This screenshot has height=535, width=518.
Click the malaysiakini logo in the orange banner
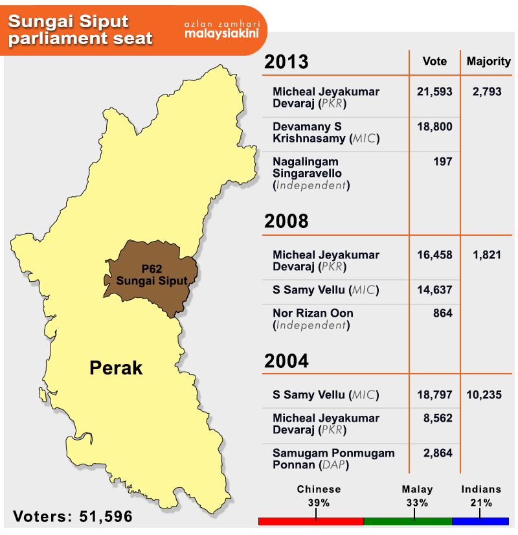(221, 33)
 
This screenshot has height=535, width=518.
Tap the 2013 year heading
(286, 62)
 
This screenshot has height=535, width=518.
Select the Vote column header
(434, 61)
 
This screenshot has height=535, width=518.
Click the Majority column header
(489, 62)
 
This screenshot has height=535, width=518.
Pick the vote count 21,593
(434, 91)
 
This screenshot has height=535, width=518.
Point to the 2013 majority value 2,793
(487, 91)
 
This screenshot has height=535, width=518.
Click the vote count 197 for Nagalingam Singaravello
(443, 161)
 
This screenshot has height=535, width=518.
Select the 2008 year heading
(286, 221)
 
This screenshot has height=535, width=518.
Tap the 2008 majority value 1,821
(487, 255)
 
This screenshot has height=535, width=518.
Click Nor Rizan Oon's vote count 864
(443, 313)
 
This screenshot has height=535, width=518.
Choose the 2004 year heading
(286, 361)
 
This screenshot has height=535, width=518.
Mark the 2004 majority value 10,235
(484, 394)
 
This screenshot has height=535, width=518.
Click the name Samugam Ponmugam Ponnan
(333, 459)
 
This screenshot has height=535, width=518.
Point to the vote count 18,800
(434, 126)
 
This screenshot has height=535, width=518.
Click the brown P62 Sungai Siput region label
(152, 275)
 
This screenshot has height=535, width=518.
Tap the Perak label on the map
(116, 368)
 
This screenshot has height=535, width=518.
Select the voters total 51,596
(106, 517)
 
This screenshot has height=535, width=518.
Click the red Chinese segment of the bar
(311, 521)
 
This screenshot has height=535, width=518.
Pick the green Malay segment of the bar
(408, 521)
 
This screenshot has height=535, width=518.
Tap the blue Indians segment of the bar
(480, 521)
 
